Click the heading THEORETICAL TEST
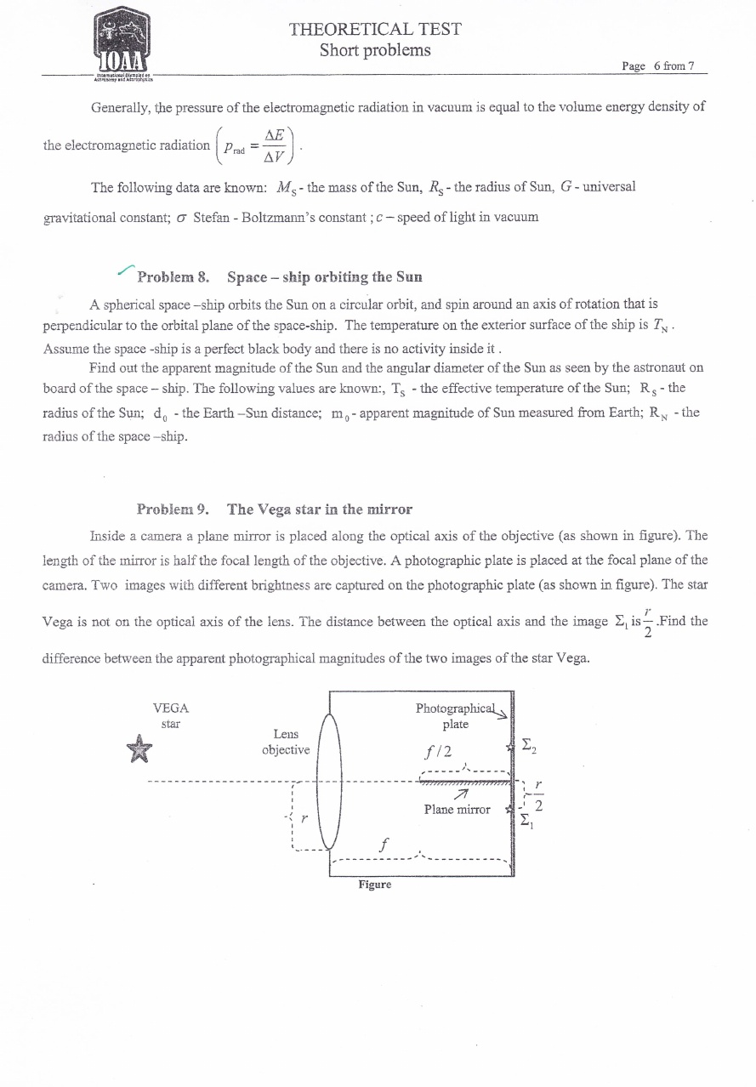click(x=375, y=29)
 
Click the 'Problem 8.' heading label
click(x=173, y=276)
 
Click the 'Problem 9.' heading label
click(x=173, y=509)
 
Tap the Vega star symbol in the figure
click(x=136, y=749)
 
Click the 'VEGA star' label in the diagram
click(x=170, y=715)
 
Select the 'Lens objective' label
click(x=285, y=742)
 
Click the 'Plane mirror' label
click(x=457, y=810)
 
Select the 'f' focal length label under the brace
click(x=384, y=845)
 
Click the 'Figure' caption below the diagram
click(x=374, y=885)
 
